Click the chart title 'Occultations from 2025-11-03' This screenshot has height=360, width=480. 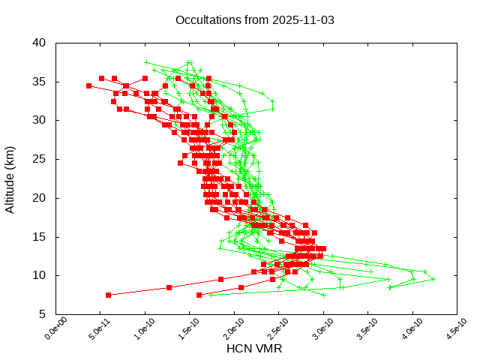click(x=255, y=19)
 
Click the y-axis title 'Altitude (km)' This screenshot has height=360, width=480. click(x=10, y=178)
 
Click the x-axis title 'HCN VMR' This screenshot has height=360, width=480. click(x=254, y=349)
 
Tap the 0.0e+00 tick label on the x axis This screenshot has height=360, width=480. click(x=47, y=331)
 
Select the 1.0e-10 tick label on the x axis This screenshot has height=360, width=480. click(x=136, y=331)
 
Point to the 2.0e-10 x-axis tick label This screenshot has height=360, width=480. click(x=226, y=331)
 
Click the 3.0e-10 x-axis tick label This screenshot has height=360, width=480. click(x=315, y=331)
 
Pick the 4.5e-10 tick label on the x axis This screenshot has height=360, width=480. click(x=448, y=331)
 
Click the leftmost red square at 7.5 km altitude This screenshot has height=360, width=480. click(x=109, y=295)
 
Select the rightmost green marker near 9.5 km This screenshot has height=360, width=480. click(x=433, y=279)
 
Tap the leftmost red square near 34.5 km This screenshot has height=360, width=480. click(x=88, y=85)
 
